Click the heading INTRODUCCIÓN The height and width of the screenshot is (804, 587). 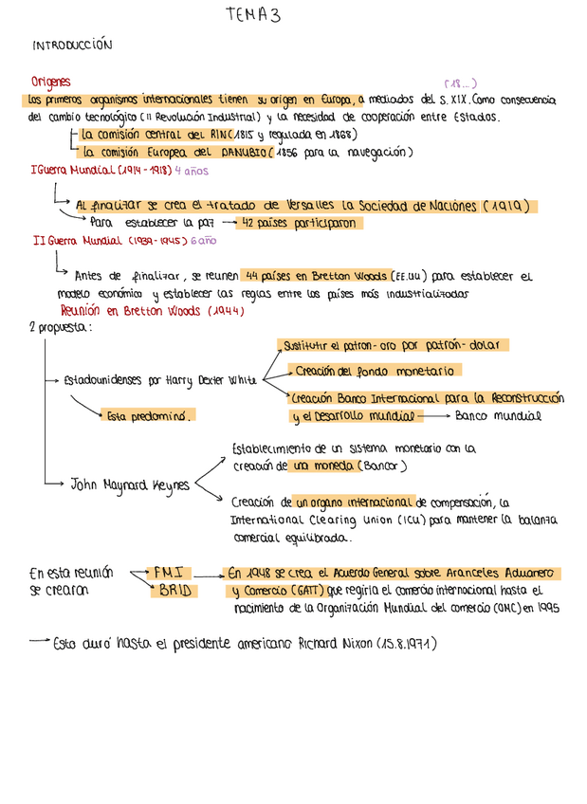coord(72,45)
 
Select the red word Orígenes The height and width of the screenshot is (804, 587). coord(50,82)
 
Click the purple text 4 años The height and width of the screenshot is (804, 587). coord(190,171)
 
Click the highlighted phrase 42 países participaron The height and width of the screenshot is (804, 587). coord(299,224)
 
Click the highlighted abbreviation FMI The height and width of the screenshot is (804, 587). coord(173,573)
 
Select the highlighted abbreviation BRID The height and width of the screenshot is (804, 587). coord(175,590)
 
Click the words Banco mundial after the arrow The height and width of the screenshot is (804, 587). coord(498,415)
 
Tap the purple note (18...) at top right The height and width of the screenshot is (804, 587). coord(461,83)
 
